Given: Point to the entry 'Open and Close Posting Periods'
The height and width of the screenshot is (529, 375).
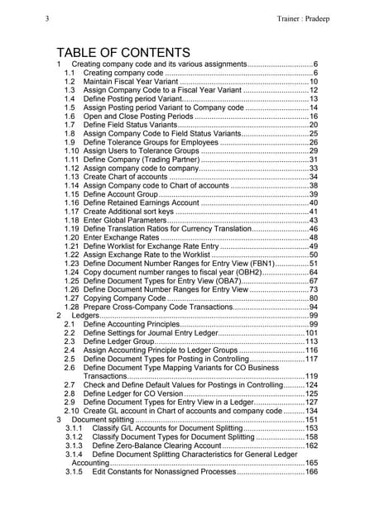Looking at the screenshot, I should click(x=137, y=117).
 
